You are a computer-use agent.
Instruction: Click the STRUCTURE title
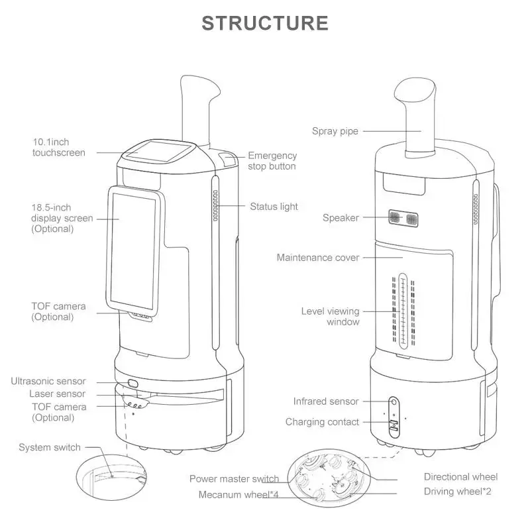[x=264, y=23]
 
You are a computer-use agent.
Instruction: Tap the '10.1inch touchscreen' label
[x=59, y=147]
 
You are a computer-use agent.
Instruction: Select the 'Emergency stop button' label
[x=272, y=161]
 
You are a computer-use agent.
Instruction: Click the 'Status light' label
[x=274, y=207]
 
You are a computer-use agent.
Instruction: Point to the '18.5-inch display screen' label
[x=62, y=218]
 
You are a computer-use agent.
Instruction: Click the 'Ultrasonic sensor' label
[x=48, y=381]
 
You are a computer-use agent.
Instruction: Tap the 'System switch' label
[x=50, y=447]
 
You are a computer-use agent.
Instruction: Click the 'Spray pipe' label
[x=335, y=131]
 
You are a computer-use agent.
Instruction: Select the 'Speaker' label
[x=341, y=217]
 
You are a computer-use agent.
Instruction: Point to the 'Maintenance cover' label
[x=318, y=258]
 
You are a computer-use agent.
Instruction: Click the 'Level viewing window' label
[x=330, y=316]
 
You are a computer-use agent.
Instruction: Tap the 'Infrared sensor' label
[x=326, y=401]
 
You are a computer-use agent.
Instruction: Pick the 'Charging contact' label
[x=322, y=422]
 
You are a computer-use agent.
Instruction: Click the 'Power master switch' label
[x=234, y=478]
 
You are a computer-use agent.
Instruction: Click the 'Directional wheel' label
[x=460, y=477]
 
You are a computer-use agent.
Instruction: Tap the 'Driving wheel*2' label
[x=457, y=492]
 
